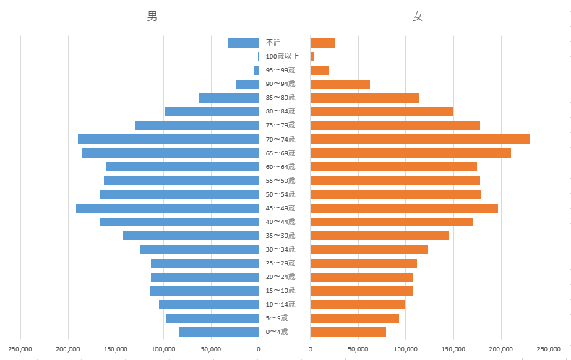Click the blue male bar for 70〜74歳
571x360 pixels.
pyautogui.click(x=168, y=139)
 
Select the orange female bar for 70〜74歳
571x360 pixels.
pyautogui.click(x=420, y=139)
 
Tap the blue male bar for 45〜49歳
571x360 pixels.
pyautogui.click(x=167, y=208)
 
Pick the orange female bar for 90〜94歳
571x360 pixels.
pyautogui.click(x=340, y=84)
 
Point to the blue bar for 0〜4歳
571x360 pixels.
pyautogui.click(x=219, y=332)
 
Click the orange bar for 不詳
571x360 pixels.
pyautogui.click(x=323, y=43)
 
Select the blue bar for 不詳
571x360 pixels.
pyautogui.click(x=243, y=43)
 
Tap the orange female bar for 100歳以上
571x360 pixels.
pyautogui.click(x=312, y=56)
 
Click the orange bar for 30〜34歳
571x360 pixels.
pyautogui.click(x=369, y=249)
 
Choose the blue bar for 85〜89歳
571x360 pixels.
pyautogui.click(x=228, y=98)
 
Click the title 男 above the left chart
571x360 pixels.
pyautogui.click(x=152, y=16)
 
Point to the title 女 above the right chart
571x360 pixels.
pyautogui.click(x=418, y=16)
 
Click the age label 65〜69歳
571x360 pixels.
pyautogui.click(x=280, y=153)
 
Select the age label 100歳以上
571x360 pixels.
pyautogui.click(x=282, y=56)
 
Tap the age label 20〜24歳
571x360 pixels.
pyautogui.click(x=280, y=277)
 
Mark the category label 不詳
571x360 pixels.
pyautogui.click(x=273, y=43)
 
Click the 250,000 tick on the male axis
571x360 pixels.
pyautogui.click(x=20, y=349)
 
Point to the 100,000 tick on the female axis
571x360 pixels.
pyautogui.click(x=405, y=349)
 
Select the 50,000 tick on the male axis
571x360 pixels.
pyautogui.click(x=211, y=349)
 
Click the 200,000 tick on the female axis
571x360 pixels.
pyautogui.click(x=501, y=349)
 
